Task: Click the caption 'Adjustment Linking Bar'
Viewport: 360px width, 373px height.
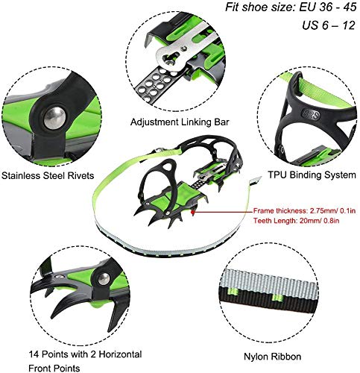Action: (x=180, y=122)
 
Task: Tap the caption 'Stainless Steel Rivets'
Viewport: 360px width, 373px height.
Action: (x=48, y=175)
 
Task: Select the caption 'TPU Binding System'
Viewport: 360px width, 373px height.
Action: (x=312, y=175)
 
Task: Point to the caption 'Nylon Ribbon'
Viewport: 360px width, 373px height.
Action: (x=272, y=357)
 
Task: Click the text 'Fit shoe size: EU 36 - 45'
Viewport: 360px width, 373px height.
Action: (x=291, y=7)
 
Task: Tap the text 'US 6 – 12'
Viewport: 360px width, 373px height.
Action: (x=329, y=25)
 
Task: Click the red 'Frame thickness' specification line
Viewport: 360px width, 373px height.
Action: (x=304, y=211)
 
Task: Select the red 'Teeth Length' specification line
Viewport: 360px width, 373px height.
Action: (x=296, y=221)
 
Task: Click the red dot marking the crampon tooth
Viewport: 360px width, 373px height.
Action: (x=192, y=212)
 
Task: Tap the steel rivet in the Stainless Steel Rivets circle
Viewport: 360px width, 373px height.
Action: (x=54, y=117)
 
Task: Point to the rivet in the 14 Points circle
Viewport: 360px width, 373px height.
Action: (x=104, y=279)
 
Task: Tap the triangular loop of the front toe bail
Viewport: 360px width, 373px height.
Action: (x=169, y=166)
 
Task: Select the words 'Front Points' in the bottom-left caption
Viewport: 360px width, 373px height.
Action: (x=54, y=368)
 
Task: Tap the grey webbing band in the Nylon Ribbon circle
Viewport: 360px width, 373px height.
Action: (x=270, y=280)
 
